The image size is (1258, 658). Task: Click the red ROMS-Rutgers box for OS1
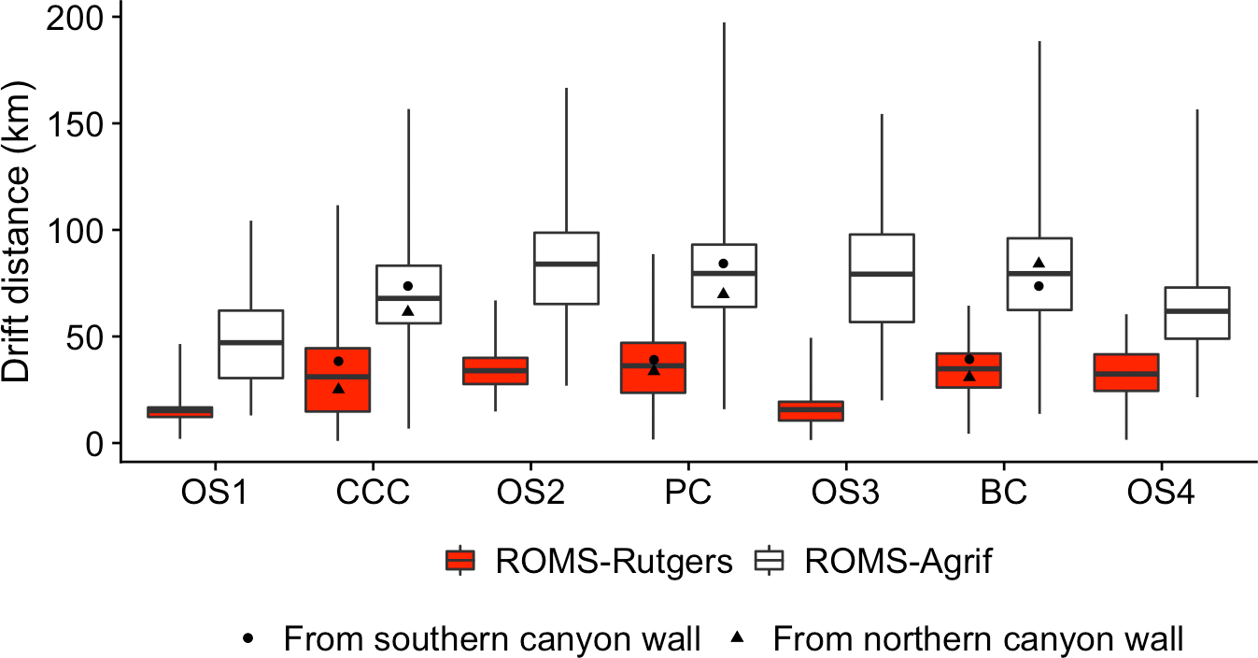180,411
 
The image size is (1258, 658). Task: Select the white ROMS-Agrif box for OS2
566,268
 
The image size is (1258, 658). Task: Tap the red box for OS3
811,411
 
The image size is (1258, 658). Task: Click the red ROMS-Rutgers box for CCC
338,379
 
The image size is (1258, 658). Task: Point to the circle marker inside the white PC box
723,264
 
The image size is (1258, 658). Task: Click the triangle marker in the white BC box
1039,263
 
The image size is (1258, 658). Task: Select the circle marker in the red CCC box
339,361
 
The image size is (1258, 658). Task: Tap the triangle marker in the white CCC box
408,310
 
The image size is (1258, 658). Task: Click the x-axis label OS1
215,493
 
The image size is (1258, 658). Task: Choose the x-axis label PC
688,493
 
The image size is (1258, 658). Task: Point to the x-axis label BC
1004,493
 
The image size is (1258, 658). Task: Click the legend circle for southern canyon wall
249,638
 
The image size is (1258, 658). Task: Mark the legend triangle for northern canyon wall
738,637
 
